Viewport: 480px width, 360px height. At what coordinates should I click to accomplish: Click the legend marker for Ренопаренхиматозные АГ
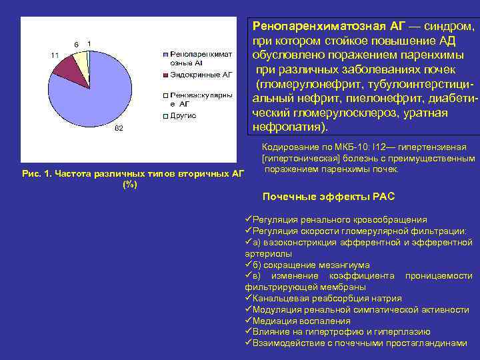(x=165, y=53)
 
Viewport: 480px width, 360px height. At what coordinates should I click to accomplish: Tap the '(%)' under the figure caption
(x=130, y=185)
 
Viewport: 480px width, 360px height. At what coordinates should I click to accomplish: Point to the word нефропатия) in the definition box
(x=290, y=126)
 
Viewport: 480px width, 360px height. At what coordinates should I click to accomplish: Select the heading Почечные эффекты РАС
(x=329, y=197)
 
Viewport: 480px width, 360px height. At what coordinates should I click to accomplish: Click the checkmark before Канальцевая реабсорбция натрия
(x=248, y=298)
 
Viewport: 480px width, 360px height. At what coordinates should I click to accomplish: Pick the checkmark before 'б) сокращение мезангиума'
(x=248, y=265)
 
